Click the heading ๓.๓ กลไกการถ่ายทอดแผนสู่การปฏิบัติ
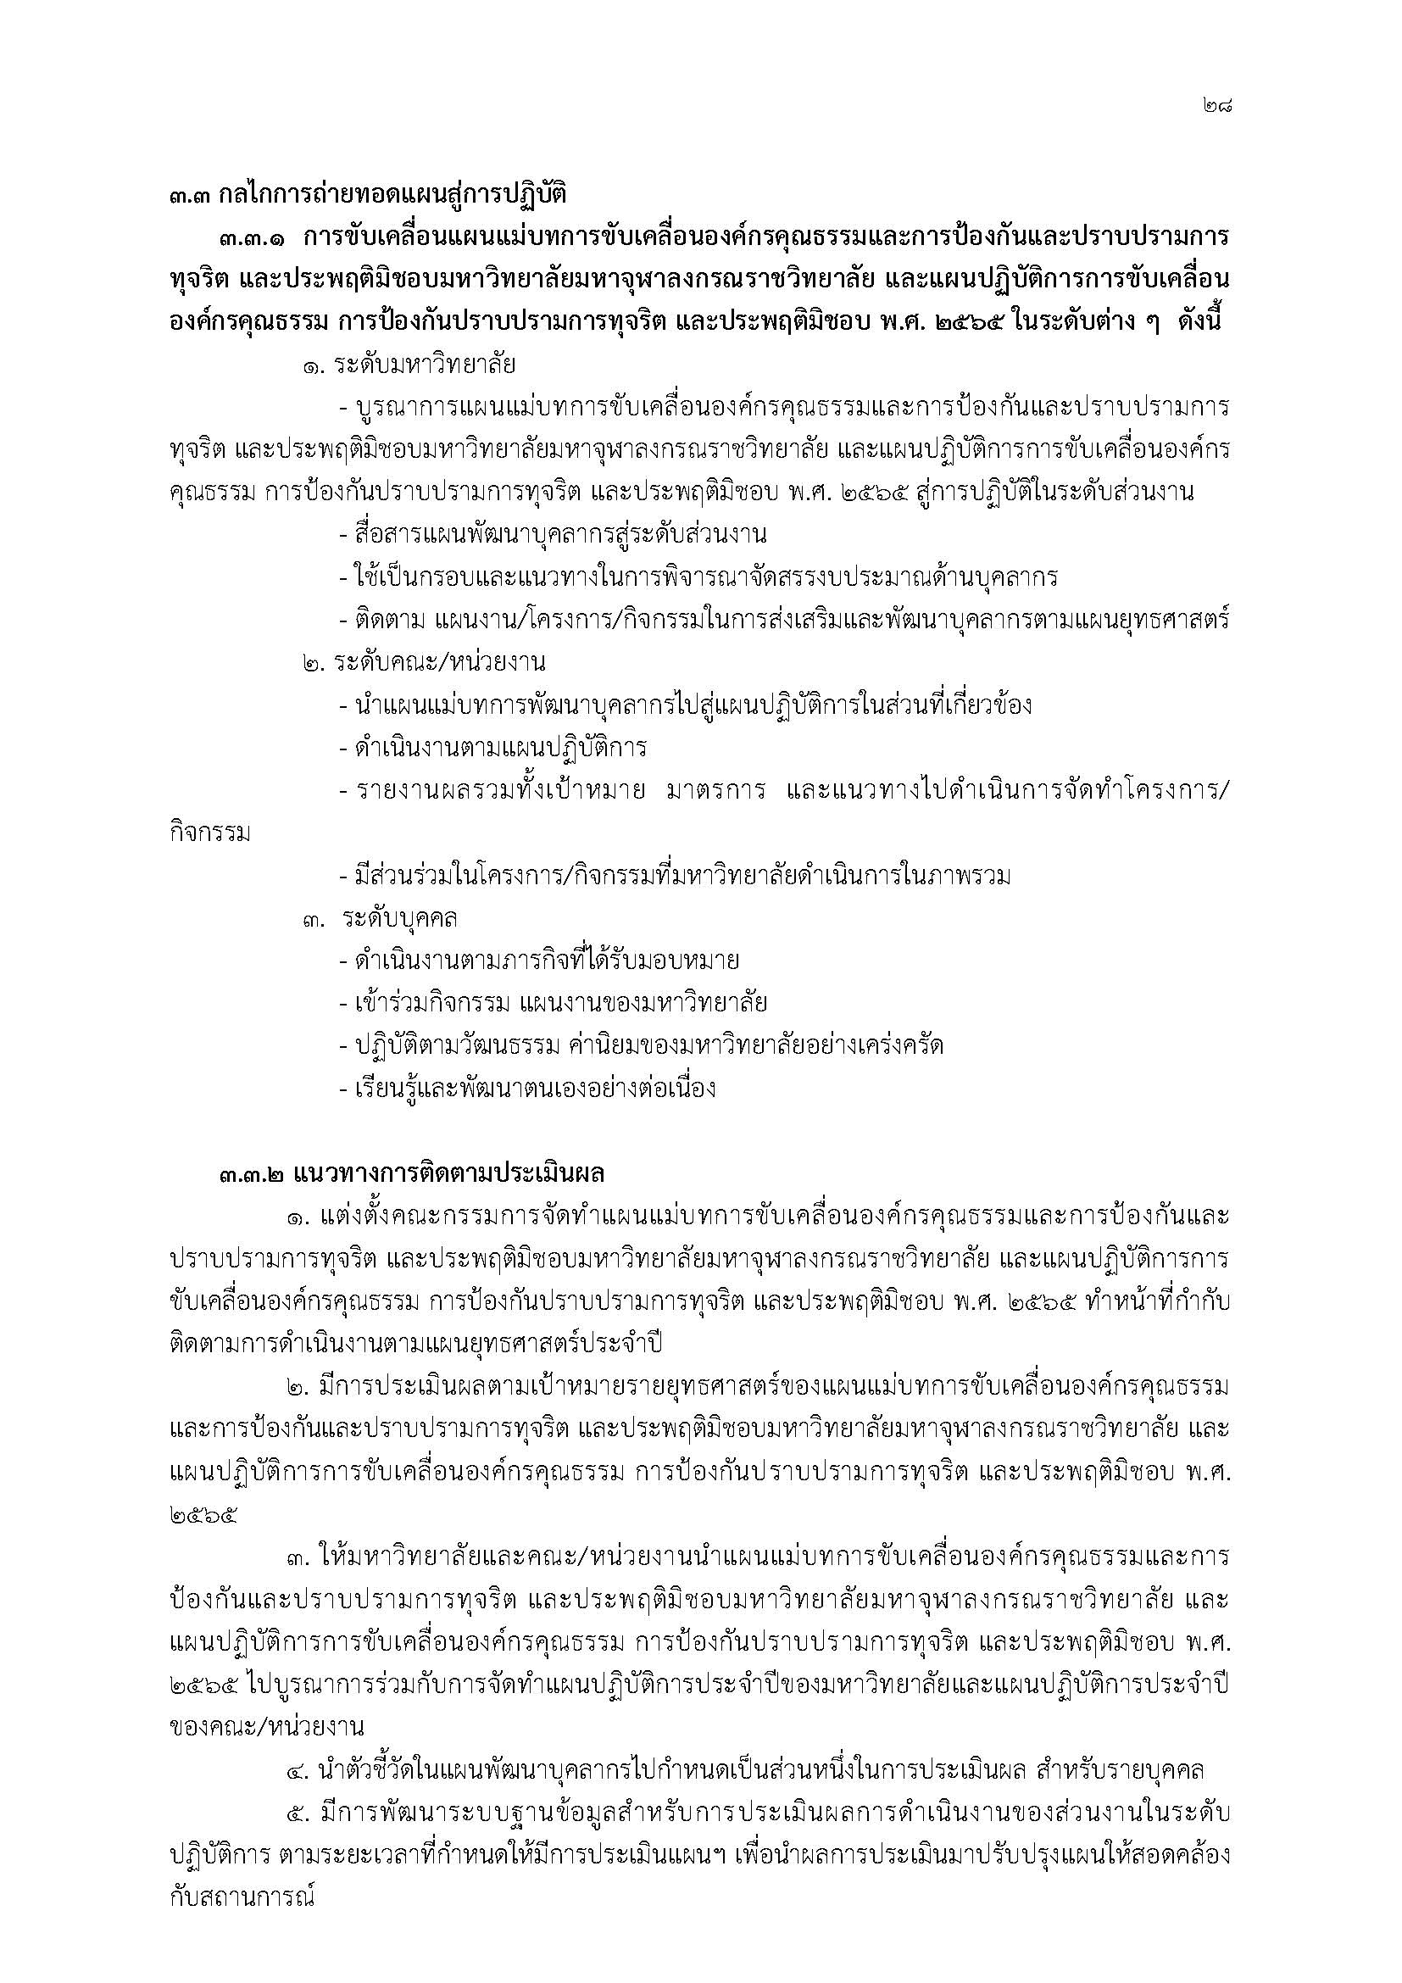[x=367, y=194]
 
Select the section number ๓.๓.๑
[x=253, y=237]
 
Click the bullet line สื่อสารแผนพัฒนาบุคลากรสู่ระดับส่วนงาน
[x=553, y=535]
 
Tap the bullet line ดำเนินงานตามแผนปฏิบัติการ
[x=493, y=747]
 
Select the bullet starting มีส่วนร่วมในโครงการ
[x=675, y=877]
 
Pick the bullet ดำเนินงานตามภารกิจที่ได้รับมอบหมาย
[x=540, y=961]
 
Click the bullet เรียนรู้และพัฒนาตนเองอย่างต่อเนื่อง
[x=527, y=1089]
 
